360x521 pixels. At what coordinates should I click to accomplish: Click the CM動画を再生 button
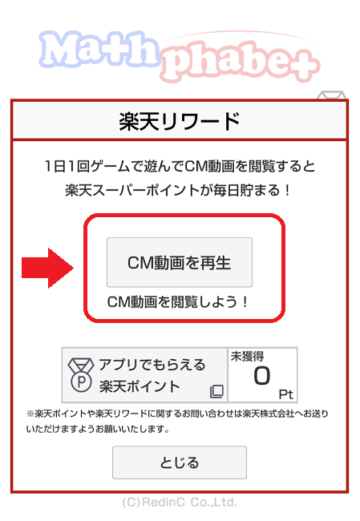click(x=180, y=262)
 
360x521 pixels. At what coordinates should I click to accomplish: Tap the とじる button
click(x=180, y=462)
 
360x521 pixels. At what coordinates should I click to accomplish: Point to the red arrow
click(x=47, y=268)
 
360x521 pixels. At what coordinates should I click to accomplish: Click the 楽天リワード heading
click(x=180, y=121)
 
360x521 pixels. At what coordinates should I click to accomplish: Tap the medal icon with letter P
click(x=81, y=375)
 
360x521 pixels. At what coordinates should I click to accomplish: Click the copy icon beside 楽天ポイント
click(x=216, y=391)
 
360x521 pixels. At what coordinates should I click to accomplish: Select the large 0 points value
click(x=262, y=376)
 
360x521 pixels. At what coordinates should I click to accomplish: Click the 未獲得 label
click(x=248, y=357)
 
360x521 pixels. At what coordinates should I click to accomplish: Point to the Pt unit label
click(x=286, y=394)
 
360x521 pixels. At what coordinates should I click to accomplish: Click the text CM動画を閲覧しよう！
click(x=178, y=302)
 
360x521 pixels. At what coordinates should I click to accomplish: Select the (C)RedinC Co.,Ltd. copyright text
click(x=180, y=502)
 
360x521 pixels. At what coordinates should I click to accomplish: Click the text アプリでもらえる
click(x=152, y=365)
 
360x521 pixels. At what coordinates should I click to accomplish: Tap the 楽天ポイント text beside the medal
click(x=140, y=386)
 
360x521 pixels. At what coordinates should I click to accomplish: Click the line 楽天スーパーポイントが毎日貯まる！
click(x=179, y=191)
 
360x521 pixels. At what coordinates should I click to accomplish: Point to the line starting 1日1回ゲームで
click(x=180, y=166)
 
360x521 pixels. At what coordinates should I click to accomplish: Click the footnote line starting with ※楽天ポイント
click(x=177, y=414)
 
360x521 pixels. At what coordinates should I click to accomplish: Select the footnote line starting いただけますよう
click(x=99, y=430)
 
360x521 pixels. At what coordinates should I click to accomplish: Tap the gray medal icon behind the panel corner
click(x=331, y=95)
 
